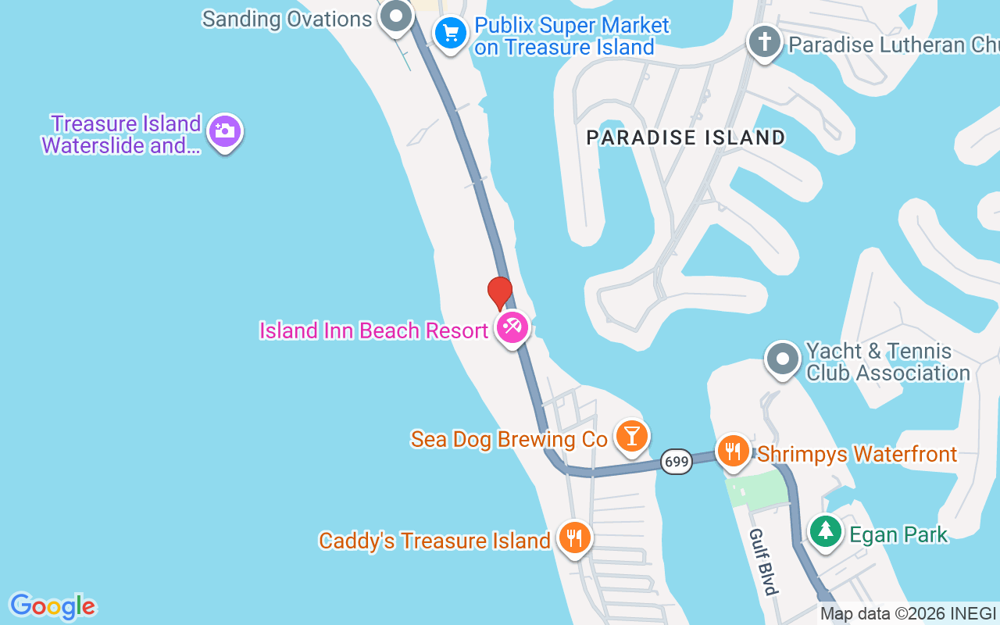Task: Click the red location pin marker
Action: [x=500, y=293]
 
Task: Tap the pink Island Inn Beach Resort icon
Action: [x=512, y=327]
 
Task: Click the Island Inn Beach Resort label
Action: [x=374, y=331]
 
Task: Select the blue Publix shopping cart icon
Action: [x=450, y=34]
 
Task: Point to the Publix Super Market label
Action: [x=571, y=36]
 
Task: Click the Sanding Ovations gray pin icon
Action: [x=397, y=16]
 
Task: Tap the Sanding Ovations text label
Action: [x=287, y=19]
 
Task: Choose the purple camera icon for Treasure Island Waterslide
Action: [x=225, y=131]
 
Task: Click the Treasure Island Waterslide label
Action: [x=123, y=134]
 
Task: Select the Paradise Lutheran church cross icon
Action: [x=765, y=41]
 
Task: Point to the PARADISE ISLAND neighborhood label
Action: [x=686, y=137]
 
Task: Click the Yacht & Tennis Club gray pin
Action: [x=783, y=359]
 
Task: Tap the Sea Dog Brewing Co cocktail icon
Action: [x=631, y=436]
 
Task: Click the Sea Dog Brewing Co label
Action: [x=509, y=440]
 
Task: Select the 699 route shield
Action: [x=676, y=462]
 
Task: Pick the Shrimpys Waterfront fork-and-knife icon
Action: [x=733, y=452]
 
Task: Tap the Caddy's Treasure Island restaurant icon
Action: [x=575, y=537]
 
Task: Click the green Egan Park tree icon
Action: [x=824, y=531]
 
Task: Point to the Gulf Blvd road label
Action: [x=763, y=561]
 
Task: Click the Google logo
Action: [x=52, y=606]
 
